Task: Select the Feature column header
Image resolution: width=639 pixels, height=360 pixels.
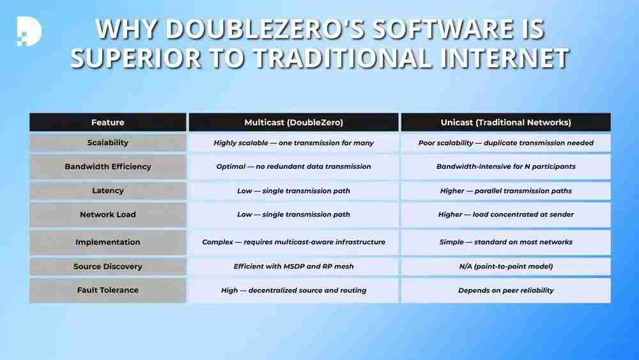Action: tap(107, 122)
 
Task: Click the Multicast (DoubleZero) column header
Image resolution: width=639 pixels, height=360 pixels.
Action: tap(293, 122)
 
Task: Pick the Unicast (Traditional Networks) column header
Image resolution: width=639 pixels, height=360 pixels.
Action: tap(505, 122)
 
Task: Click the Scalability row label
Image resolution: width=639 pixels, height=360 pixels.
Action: tap(107, 143)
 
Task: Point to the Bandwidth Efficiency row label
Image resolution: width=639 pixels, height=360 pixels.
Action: tap(107, 166)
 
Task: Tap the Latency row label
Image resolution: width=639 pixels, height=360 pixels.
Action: tap(107, 191)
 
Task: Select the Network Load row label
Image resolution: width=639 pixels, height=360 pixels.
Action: tap(107, 214)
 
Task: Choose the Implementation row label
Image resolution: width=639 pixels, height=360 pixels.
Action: tap(107, 242)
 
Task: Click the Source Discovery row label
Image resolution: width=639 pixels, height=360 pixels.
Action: tap(107, 266)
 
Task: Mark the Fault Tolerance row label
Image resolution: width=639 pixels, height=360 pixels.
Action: tap(107, 290)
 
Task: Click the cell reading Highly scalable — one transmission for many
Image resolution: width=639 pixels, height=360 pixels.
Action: tap(293, 143)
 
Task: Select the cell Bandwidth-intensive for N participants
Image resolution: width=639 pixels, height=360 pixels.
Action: tap(505, 166)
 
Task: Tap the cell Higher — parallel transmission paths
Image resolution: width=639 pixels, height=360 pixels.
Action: tap(505, 191)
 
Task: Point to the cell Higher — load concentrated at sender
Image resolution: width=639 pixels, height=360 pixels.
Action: tap(505, 214)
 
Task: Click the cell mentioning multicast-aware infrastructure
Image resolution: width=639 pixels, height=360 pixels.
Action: tap(293, 242)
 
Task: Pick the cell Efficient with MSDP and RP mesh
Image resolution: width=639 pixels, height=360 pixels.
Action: tap(293, 266)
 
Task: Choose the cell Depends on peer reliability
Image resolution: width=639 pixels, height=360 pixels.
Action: tap(505, 290)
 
